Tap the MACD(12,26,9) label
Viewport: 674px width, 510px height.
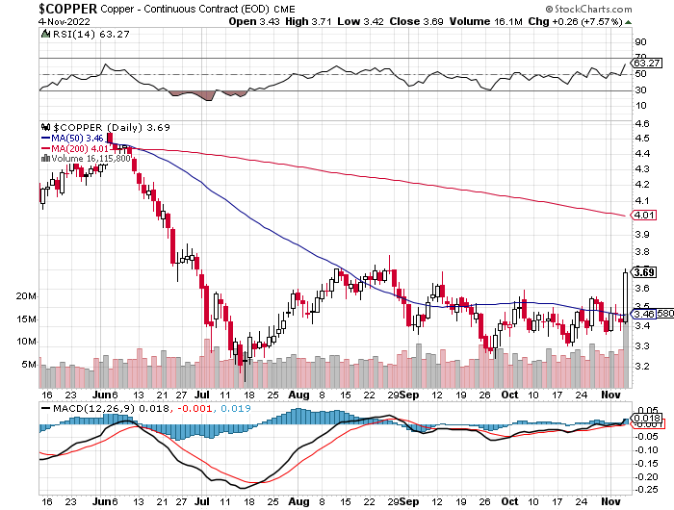pyautogui.click(x=85, y=408)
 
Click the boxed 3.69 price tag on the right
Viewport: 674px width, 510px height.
pyautogui.click(x=644, y=272)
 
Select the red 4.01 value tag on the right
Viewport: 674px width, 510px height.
pyautogui.click(x=644, y=215)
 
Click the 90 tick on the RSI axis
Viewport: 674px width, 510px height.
pyautogui.click(x=639, y=42)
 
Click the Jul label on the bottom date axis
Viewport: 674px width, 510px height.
pyautogui.click(x=203, y=395)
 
